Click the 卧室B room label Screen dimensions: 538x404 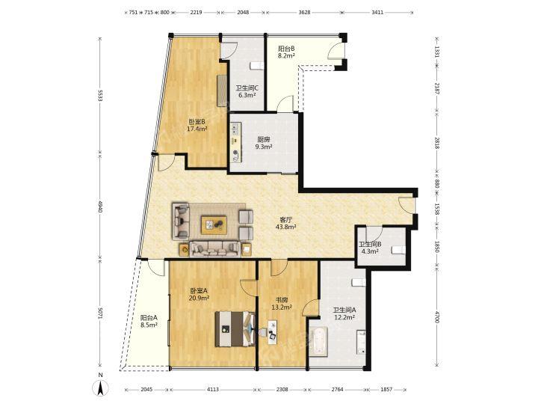[x=197, y=122]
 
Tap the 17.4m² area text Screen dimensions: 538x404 [x=197, y=129]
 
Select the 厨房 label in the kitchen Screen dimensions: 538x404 [x=264, y=139]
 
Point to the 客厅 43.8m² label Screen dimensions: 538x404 [x=285, y=223]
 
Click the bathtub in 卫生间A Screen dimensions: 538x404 [x=319, y=342]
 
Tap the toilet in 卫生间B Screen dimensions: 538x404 [x=399, y=250]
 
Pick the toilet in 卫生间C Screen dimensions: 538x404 [x=256, y=66]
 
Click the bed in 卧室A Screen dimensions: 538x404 [x=235, y=328]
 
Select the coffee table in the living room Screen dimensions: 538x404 [x=214, y=225]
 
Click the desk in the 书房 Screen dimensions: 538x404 [x=273, y=331]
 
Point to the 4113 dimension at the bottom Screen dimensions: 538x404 [x=213, y=390]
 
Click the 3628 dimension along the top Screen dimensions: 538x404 [x=304, y=13]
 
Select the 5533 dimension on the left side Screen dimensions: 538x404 [x=100, y=96]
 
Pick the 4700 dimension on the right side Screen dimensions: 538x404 [x=437, y=316]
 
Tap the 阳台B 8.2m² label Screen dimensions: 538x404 [x=286, y=52]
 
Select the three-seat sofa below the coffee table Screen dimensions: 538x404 [x=215, y=248]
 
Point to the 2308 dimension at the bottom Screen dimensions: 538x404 [x=282, y=390]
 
